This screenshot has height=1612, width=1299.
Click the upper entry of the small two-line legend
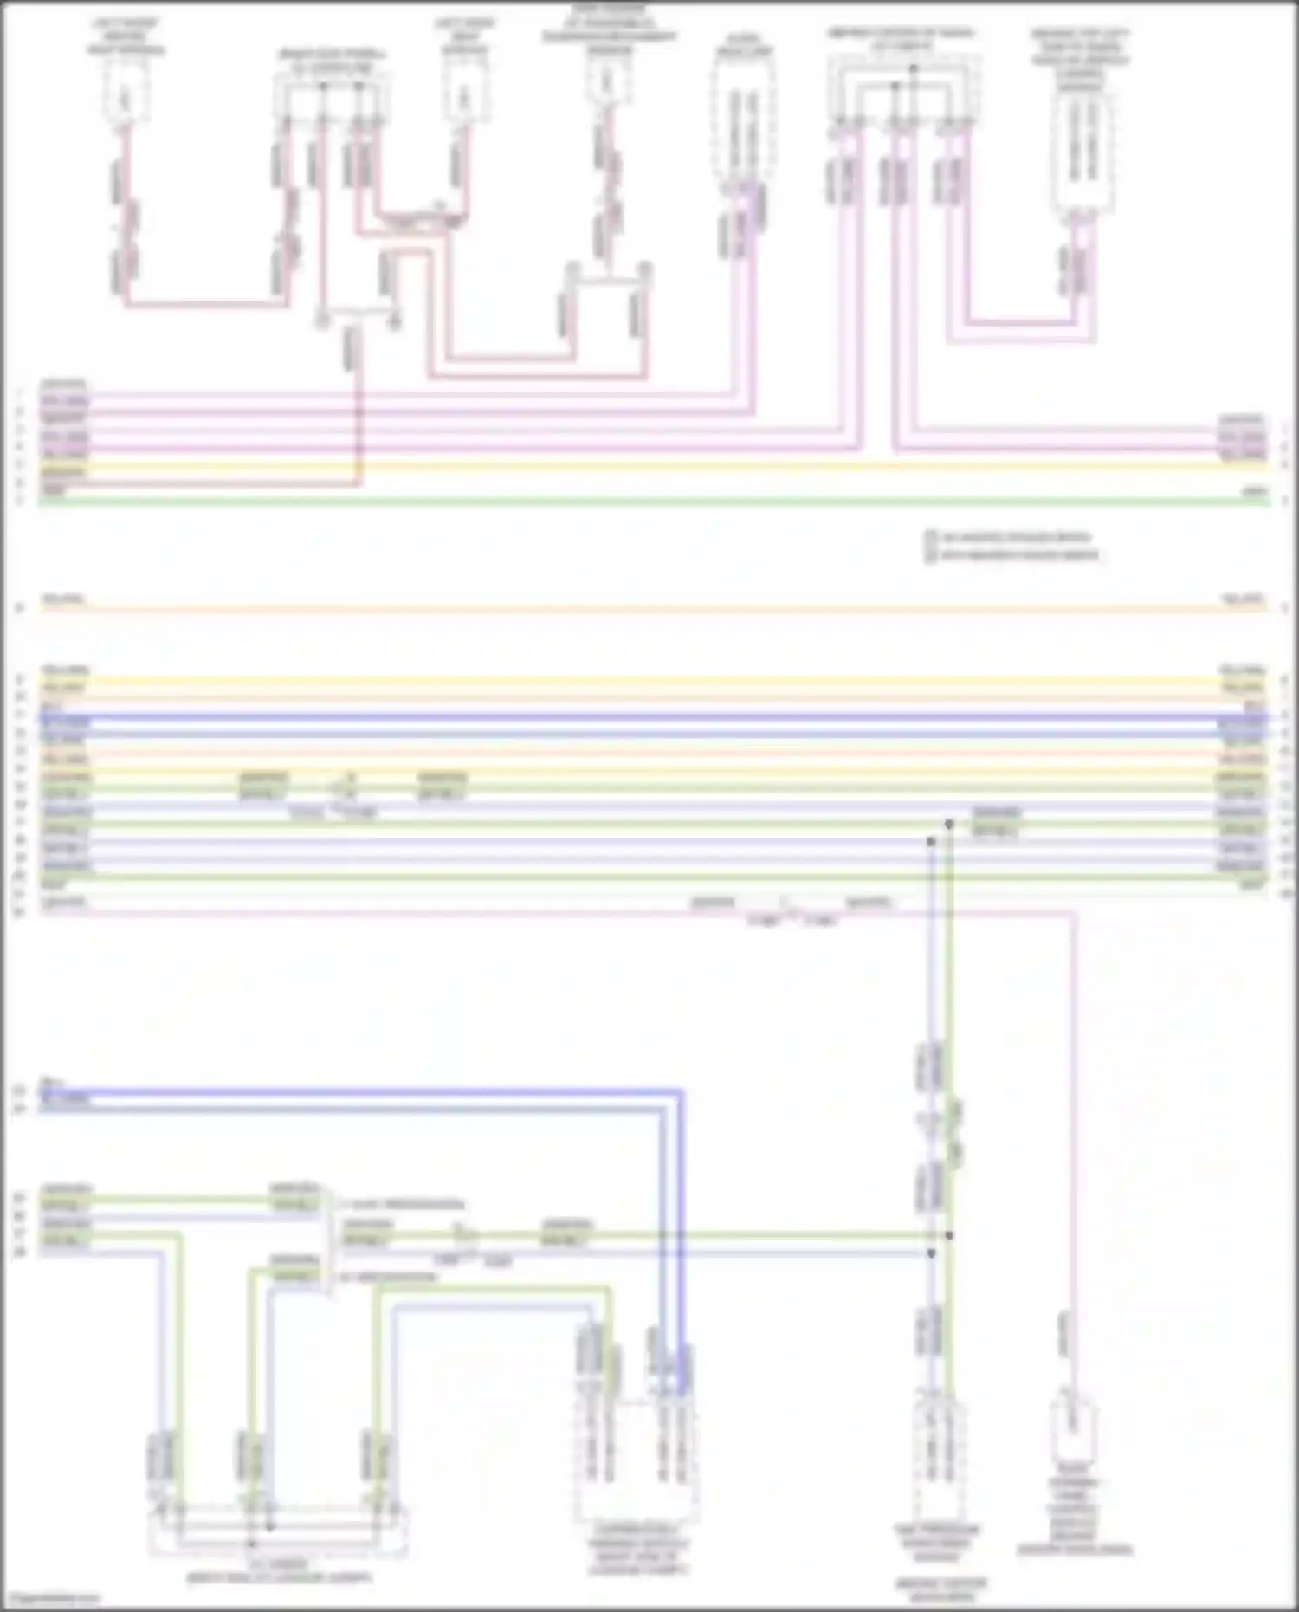point(1009,537)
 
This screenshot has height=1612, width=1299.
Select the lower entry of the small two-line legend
point(1013,554)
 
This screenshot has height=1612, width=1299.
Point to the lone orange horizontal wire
point(649,609)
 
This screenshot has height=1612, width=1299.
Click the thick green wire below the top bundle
point(649,502)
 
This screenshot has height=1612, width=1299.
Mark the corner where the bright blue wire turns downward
point(682,1091)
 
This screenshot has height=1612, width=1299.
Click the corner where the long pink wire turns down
point(1074,912)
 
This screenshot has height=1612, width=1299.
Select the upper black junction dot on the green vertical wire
point(949,824)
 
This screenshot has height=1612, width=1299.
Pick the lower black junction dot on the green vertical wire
point(949,1236)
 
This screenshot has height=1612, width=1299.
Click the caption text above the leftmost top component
point(126,36)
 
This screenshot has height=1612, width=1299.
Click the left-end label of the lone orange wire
point(63,599)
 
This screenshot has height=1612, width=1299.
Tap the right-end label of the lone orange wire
point(1243,599)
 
